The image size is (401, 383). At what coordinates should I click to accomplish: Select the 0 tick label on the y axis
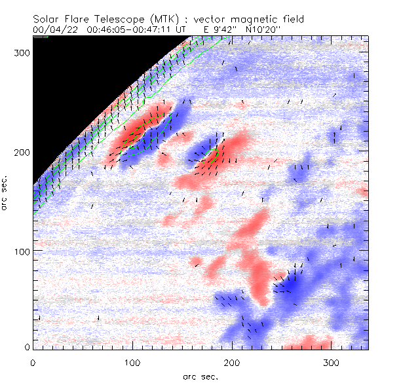(x=26, y=346)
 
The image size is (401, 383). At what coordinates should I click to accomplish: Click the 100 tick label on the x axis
(x=132, y=362)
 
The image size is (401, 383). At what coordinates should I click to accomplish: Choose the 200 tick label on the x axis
(x=231, y=362)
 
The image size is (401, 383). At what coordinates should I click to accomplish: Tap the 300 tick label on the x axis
(x=331, y=362)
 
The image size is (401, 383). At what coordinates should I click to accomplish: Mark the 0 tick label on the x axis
(x=33, y=362)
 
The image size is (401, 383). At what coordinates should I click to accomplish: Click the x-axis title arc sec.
(x=200, y=376)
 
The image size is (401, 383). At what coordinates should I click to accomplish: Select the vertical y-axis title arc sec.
(x=7, y=192)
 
